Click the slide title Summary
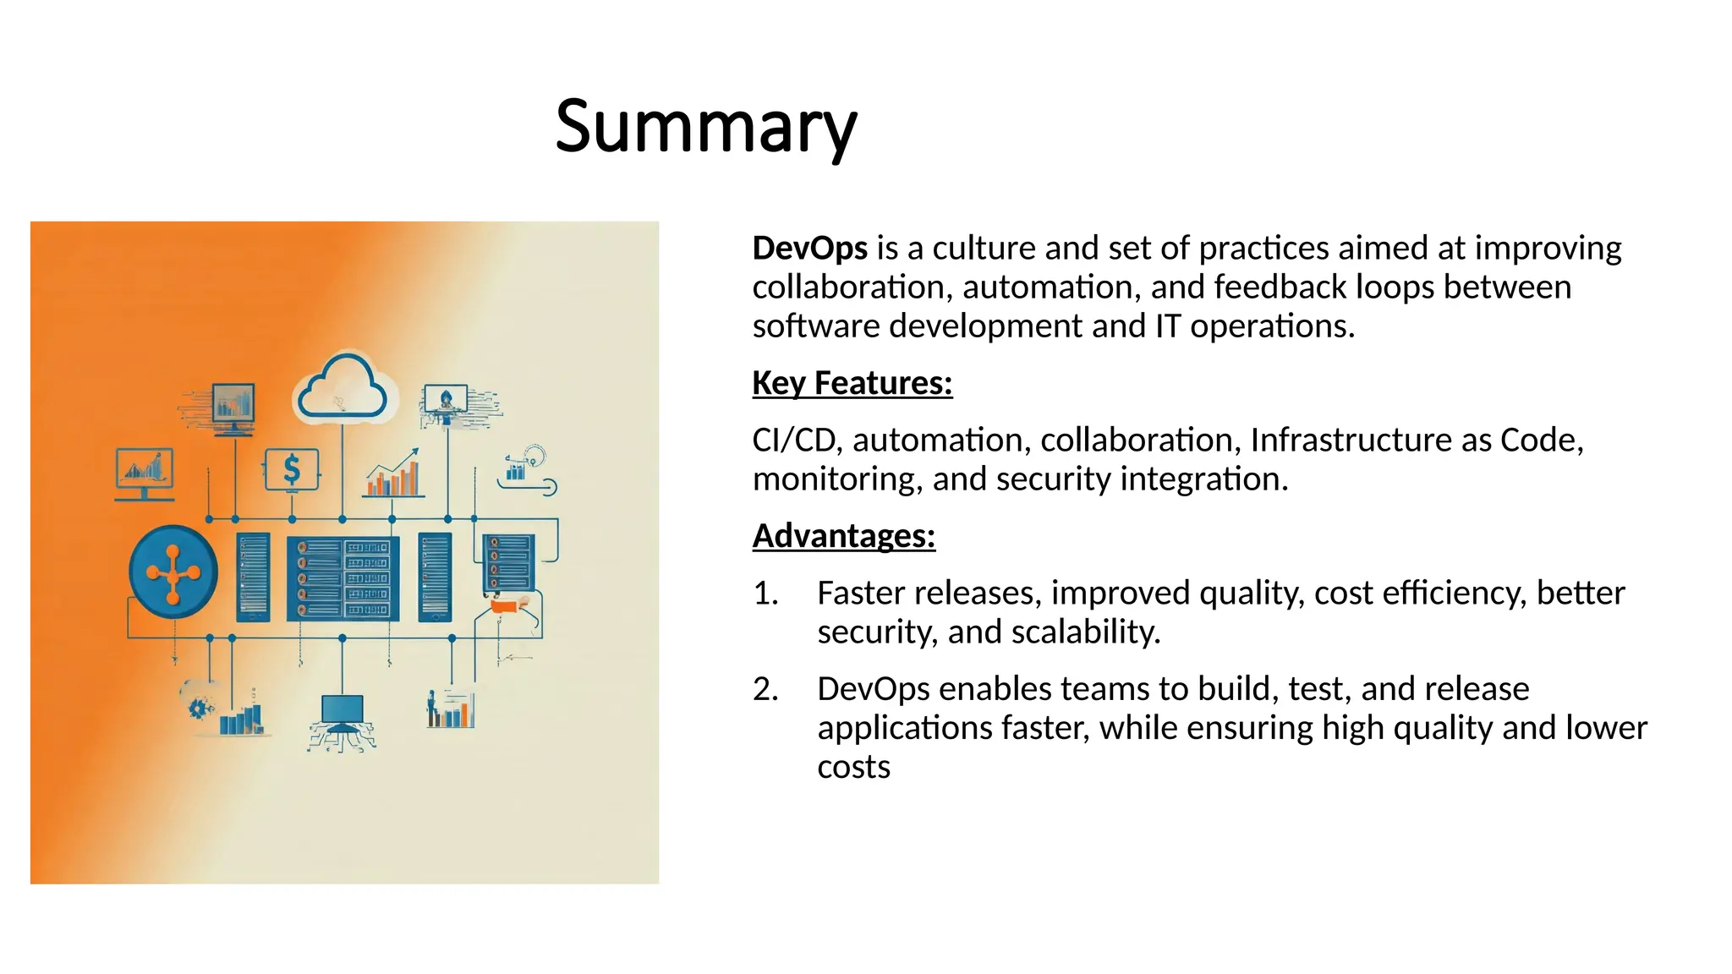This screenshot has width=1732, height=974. coord(706,127)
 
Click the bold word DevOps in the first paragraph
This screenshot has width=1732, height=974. coord(809,249)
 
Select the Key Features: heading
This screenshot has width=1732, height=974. coord(852,383)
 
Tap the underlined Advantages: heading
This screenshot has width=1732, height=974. coord(843,536)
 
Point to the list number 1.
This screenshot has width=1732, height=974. coord(765,594)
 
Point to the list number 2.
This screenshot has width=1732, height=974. coord(765,689)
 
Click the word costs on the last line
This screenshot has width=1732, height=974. coord(853,767)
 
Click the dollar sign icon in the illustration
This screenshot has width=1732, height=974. coord(291,469)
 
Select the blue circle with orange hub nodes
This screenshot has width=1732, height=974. coord(173,573)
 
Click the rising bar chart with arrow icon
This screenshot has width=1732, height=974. coord(393,474)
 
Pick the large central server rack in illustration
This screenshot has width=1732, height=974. coord(343,578)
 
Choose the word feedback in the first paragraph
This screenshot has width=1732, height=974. coord(1280,287)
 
